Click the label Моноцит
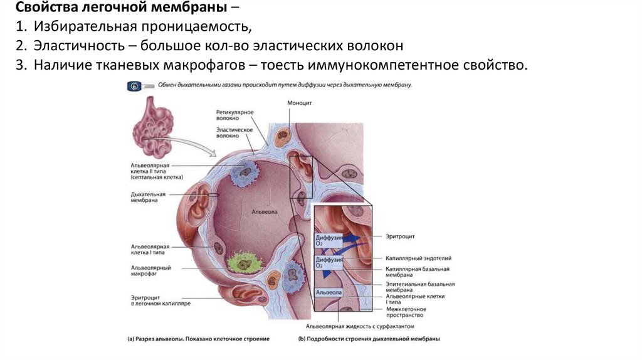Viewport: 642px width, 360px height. pyautogui.click(x=299, y=102)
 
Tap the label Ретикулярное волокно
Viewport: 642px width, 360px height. pyautogui.click(x=235, y=114)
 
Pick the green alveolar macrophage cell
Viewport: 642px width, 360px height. pyautogui.click(x=243, y=267)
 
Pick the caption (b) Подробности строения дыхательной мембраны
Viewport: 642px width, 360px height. pyautogui.click(x=369, y=339)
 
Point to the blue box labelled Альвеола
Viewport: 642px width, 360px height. pyautogui.click(x=329, y=293)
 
